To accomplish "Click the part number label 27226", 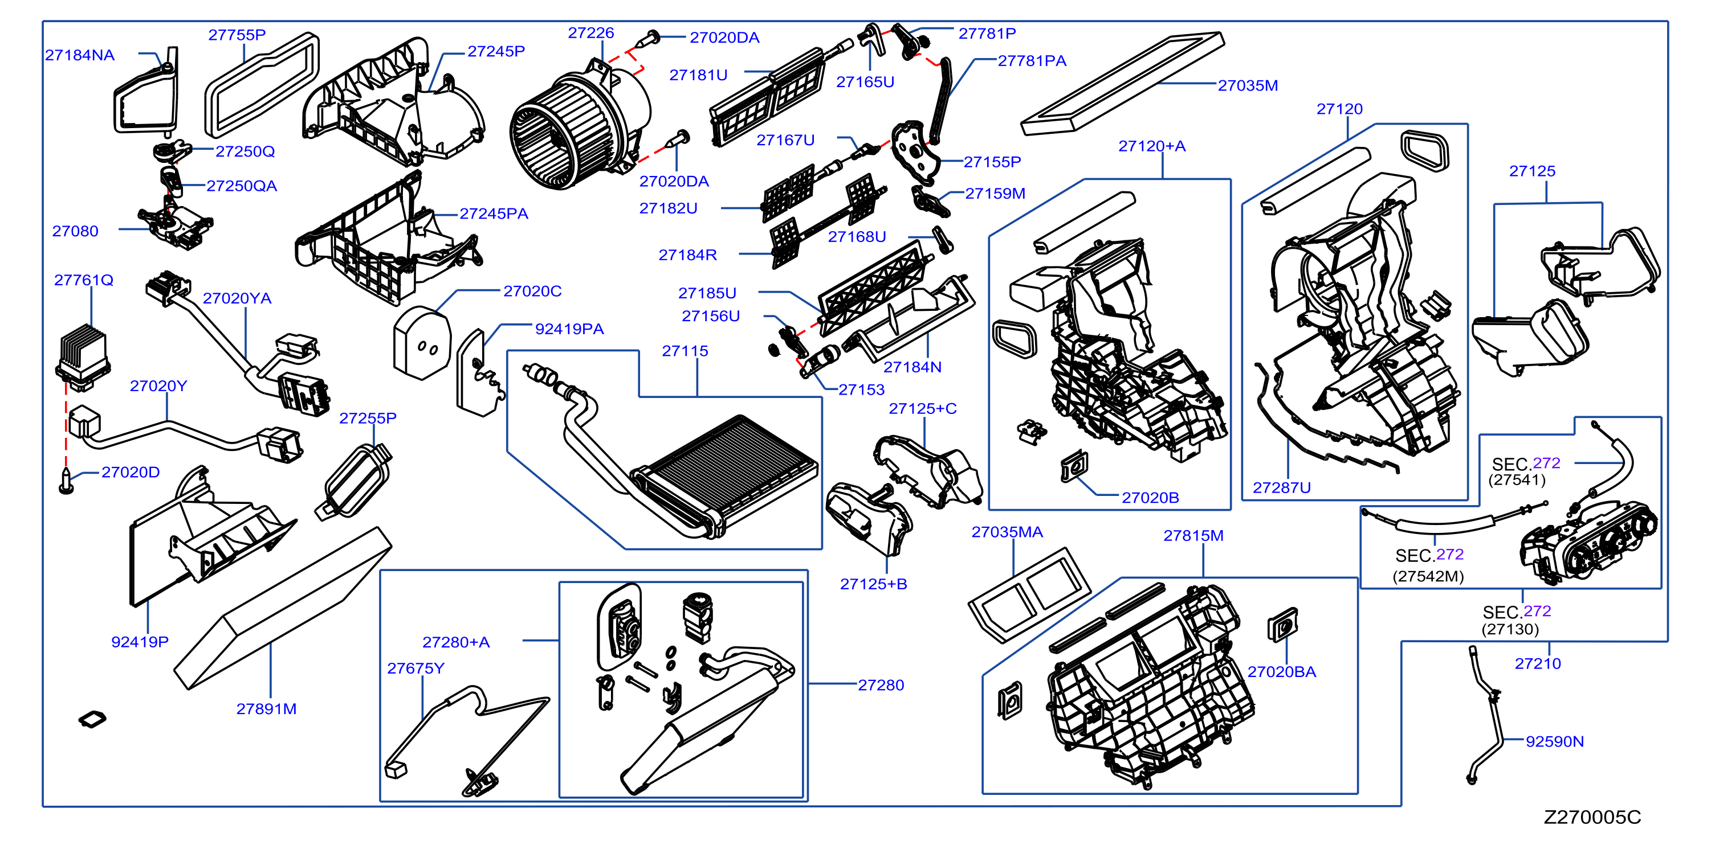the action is tap(590, 33).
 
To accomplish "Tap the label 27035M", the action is tap(1248, 85).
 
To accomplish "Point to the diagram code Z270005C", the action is tap(1591, 817).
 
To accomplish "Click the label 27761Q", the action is tap(84, 280).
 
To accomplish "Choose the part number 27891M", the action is tap(266, 709).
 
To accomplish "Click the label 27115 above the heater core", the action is tap(685, 351).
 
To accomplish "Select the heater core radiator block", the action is tap(724, 475).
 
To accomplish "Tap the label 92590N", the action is tap(1554, 741).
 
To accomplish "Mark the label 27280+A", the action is tap(455, 642).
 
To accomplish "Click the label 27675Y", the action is tap(416, 668).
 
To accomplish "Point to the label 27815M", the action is tap(1193, 536).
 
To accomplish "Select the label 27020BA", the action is tap(1281, 672).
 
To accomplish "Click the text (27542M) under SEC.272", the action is tap(1428, 576).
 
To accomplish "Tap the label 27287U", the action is tap(1281, 488).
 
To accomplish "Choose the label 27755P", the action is tap(237, 35).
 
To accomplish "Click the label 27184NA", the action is tap(80, 56).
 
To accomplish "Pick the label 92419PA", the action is tap(569, 329).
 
